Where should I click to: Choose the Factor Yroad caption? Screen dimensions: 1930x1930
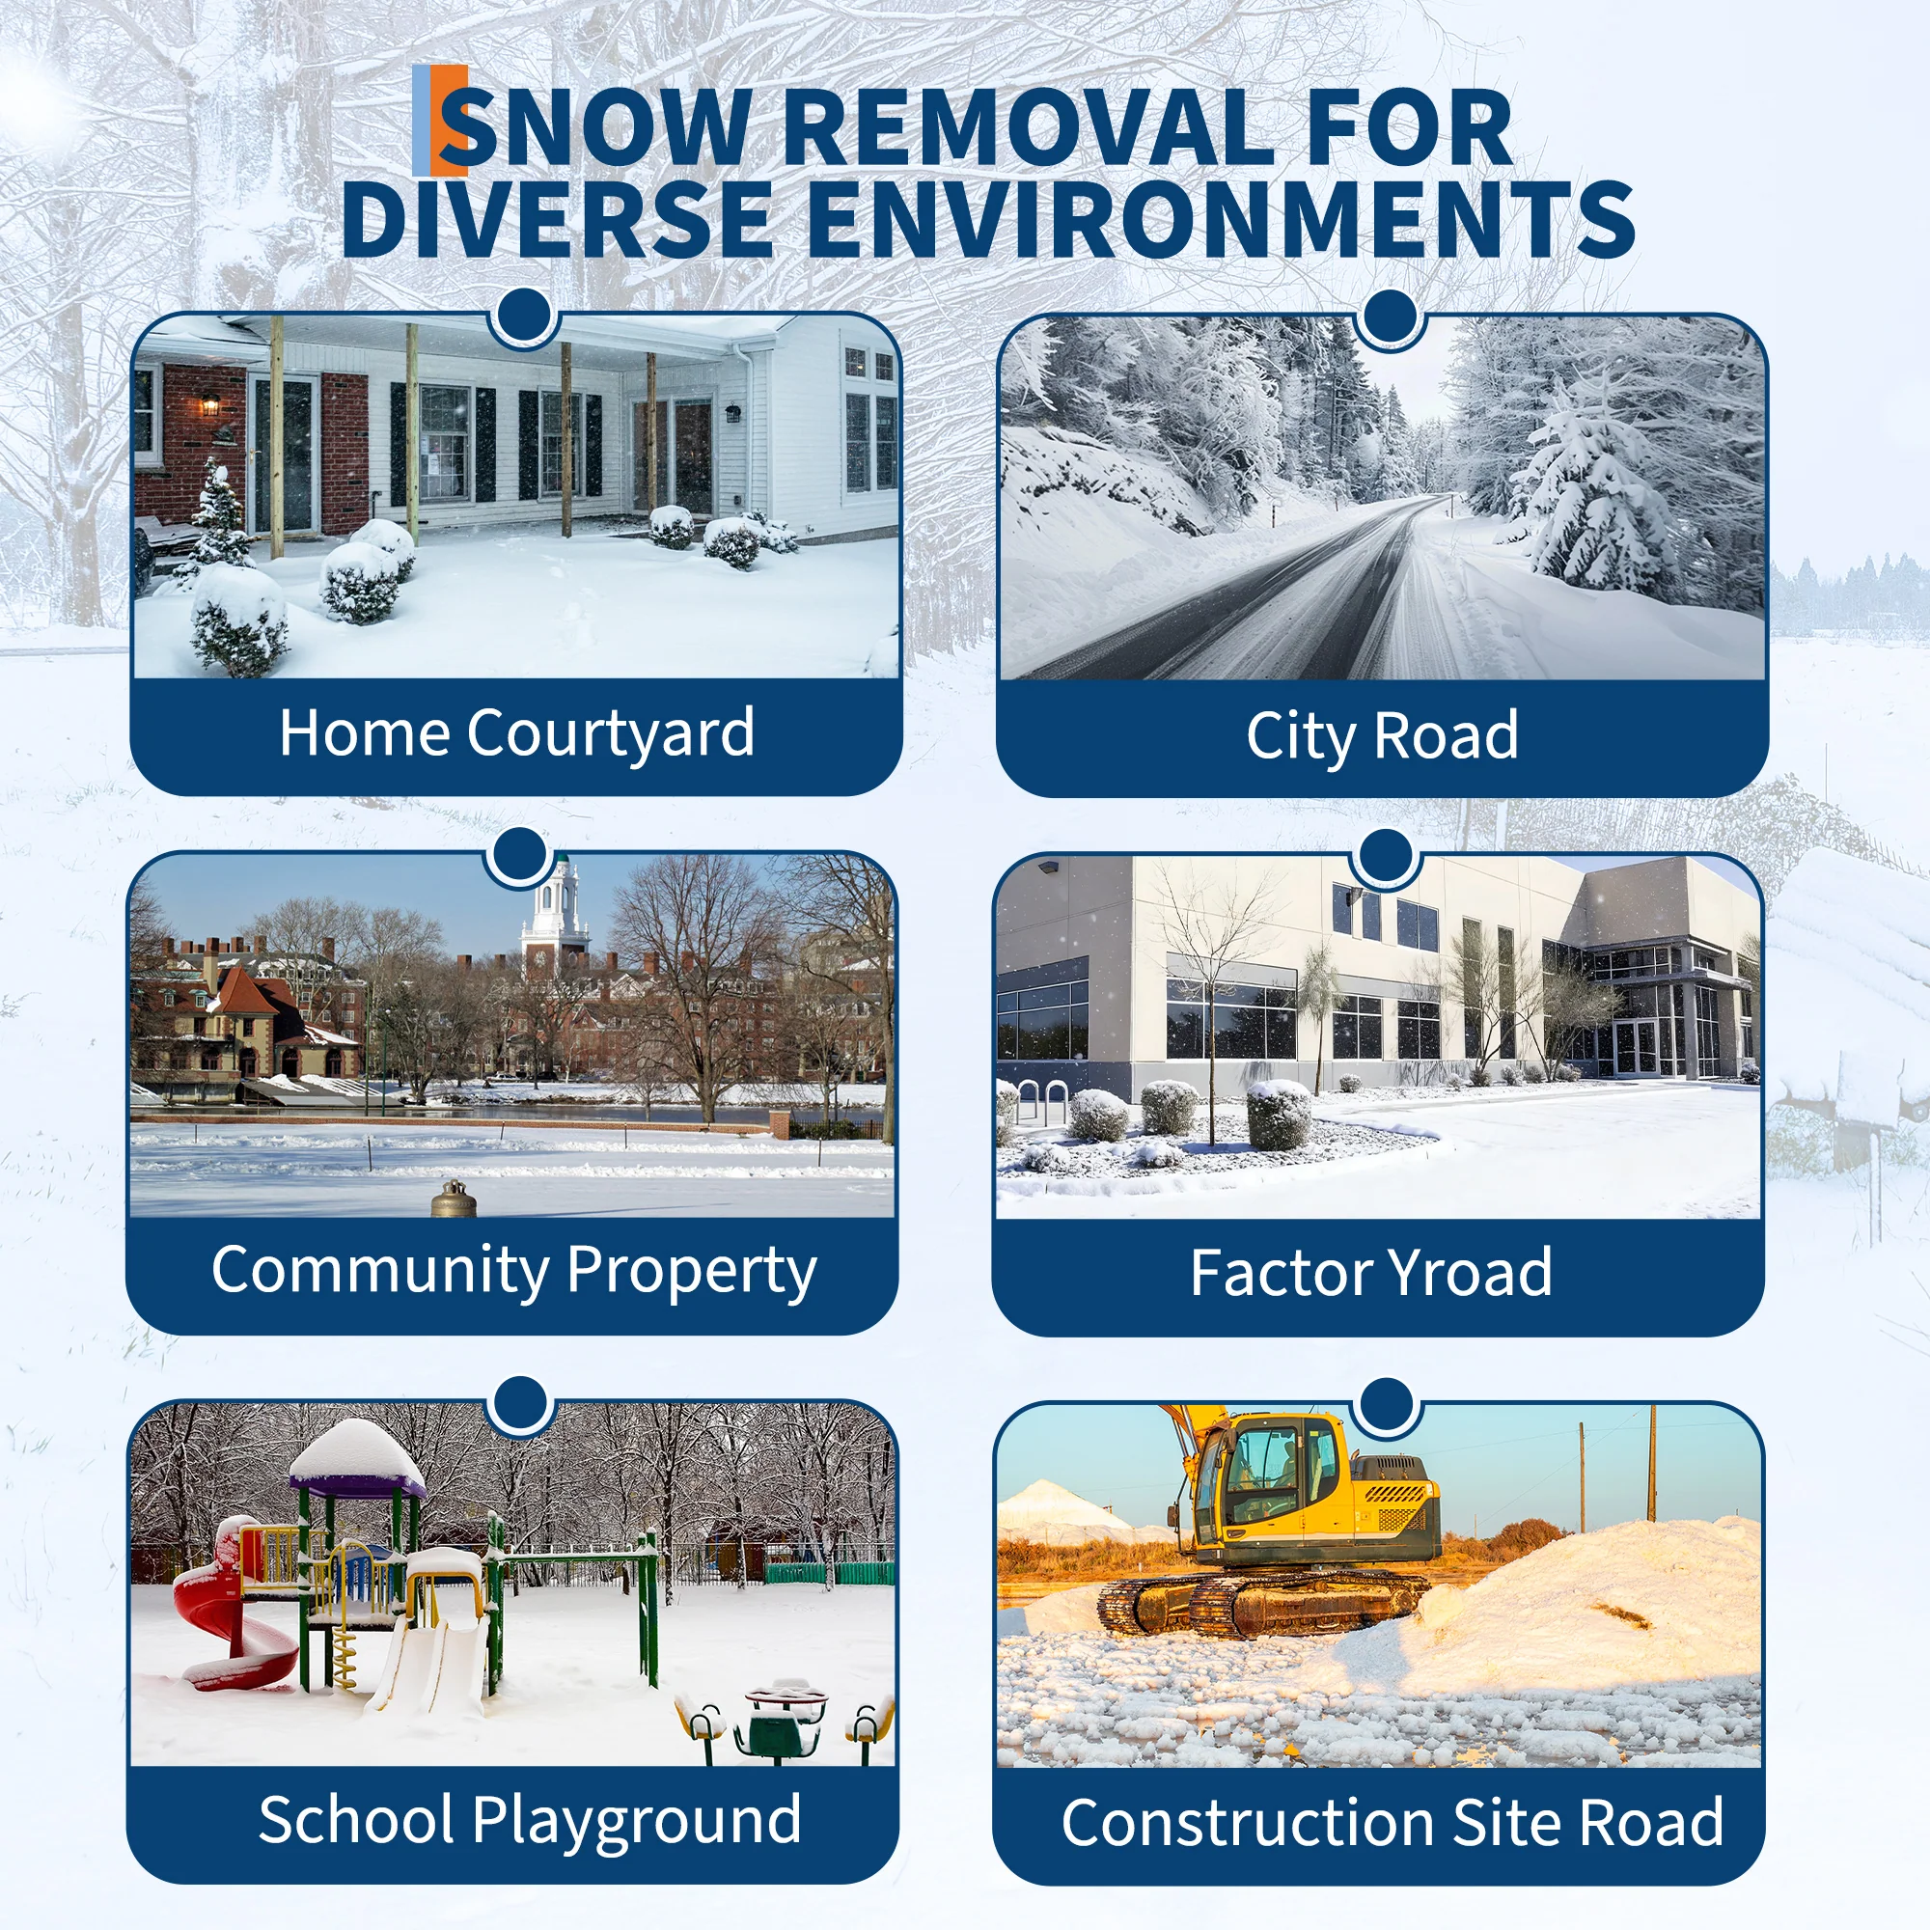pos(1370,1273)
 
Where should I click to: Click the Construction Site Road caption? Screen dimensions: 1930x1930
pos(1392,1823)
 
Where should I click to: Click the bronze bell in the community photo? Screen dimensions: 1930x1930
pos(453,1198)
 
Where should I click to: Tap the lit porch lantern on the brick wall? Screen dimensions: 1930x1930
pos(209,403)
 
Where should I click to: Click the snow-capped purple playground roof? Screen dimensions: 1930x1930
pos(357,1458)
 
